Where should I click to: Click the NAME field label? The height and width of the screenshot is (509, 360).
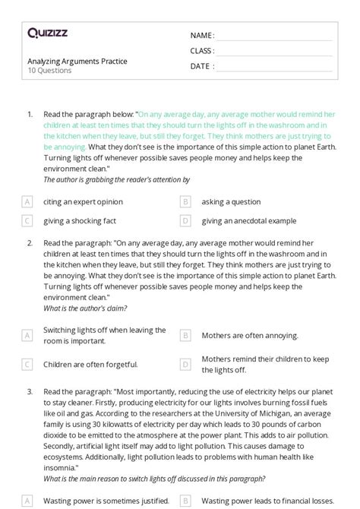(201, 36)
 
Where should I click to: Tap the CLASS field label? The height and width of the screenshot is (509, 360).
(202, 51)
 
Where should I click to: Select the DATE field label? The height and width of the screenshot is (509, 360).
(201, 66)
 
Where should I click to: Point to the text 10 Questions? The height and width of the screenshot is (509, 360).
(49, 71)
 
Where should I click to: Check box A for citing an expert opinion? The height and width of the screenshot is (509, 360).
(27, 202)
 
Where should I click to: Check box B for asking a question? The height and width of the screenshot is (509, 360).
(185, 202)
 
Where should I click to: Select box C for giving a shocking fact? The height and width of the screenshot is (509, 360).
(27, 220)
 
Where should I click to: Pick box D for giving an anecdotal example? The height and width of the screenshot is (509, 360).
(185, 220)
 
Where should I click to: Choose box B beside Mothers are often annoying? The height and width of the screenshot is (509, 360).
(185, 335)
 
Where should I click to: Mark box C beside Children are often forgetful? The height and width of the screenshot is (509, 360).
(27, 364)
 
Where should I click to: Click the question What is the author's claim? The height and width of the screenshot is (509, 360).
(85, 308)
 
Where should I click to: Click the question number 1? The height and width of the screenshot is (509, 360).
(30, 114)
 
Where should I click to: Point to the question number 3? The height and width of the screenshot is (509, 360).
(30, 392)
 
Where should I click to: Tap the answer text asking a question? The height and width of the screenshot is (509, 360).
(231, 202)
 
